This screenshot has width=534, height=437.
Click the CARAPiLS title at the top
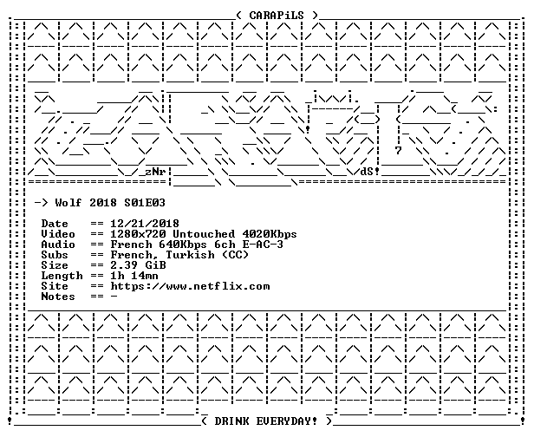(277, 16)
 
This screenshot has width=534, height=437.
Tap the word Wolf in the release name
(68, 203)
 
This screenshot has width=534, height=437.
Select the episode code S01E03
(145, 203)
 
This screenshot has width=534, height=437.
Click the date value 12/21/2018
(145, 224)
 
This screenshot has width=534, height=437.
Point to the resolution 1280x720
(139, 234)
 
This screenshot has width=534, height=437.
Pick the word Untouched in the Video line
(204, 234)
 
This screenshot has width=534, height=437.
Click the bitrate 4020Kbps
(270, 234)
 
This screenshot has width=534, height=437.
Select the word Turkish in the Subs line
(190, 255)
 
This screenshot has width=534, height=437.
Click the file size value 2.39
(124, 265)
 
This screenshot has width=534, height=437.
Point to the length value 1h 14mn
(134, 276)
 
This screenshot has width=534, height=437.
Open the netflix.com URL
(190, 286)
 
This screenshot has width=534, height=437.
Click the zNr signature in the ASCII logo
(155, 172)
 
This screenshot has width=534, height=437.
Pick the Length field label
(62, 276)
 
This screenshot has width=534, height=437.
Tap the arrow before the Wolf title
(42, 204)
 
